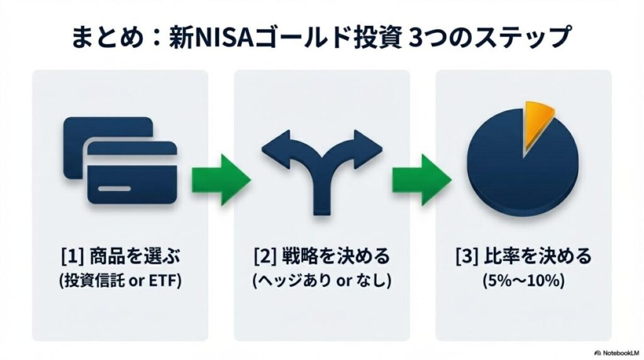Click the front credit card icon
[x=132, y=173]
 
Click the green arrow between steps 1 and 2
[x=221, y=178]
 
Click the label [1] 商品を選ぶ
[x=120, y=257]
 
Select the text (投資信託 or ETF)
[x=120, y=281]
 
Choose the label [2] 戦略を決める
[x=321, y=257]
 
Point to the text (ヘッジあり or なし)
[x=321, y=281]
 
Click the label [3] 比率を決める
[x=523, y=257]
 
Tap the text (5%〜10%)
[x=523, y=281]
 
